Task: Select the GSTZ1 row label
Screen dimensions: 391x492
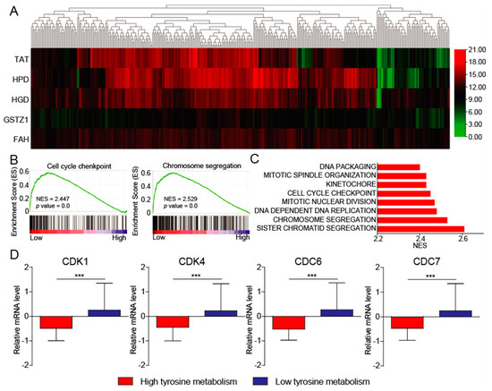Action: pyautogui.click(x=15, y=117)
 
